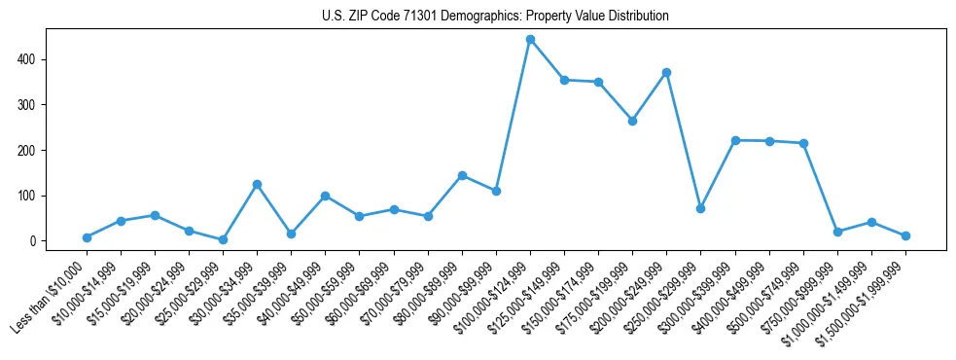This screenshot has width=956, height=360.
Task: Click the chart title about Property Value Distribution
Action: [495, 17]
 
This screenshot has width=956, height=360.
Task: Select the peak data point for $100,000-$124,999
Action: [530, 40]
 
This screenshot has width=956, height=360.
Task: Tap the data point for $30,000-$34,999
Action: [257, 184]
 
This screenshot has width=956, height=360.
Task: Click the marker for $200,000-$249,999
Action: [666, 72]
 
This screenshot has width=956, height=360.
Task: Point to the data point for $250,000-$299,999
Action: [700, 208]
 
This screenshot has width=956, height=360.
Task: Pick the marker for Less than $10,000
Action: [87, 237]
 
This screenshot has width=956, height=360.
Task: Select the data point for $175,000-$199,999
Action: [632, 121]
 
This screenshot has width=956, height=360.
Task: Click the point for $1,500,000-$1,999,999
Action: [905, 235]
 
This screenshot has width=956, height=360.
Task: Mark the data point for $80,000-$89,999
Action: [462, 175]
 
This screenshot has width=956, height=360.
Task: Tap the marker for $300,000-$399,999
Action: [735, 140]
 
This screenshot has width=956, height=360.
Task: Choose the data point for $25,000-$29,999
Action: [223, 239]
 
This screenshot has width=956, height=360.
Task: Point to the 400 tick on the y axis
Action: [35, 59]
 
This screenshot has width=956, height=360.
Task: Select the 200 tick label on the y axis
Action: [35, 150]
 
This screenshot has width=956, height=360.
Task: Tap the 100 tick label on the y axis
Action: [35, 196]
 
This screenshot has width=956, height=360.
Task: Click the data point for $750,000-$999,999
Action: [837, 232]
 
